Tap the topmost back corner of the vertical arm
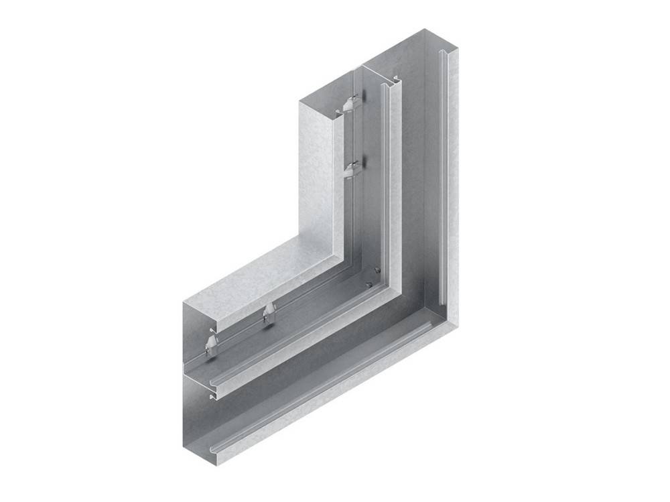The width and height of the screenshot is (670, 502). point(421,29)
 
